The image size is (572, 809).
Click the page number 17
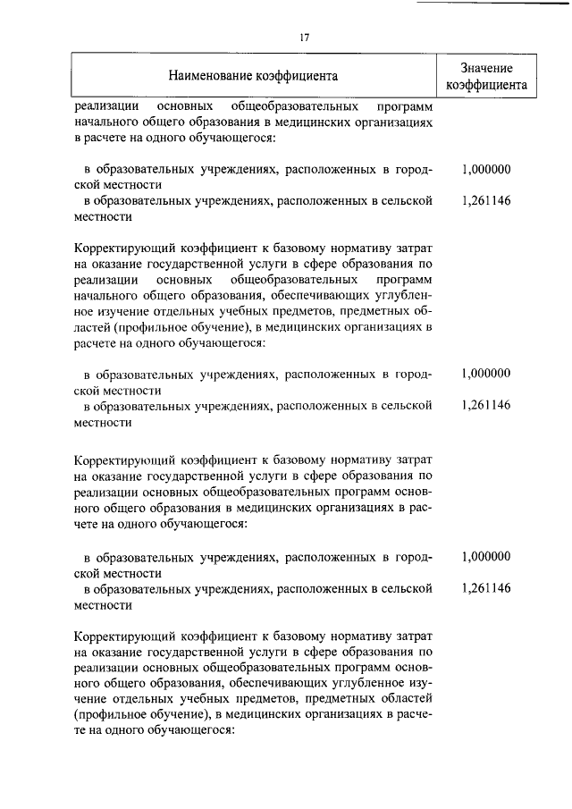[305, 38]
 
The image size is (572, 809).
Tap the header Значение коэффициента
[486, 77]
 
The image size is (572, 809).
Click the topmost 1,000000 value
[486, 169]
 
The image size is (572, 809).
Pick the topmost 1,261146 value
[486, 201]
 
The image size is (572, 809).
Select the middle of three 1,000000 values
[486, 374]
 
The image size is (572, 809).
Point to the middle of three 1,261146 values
[486, 406]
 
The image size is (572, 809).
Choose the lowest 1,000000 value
[486, 556]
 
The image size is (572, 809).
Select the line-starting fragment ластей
[92, 327]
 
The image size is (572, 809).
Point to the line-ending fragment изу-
[420, 680]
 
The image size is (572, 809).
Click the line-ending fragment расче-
[413, 712]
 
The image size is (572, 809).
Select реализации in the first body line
[105, 105]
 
